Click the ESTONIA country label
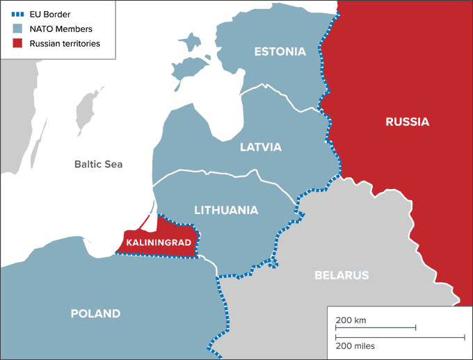pyautogui.click(x=280, y=51)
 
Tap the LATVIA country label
pyautogui.click(x=260, y=147)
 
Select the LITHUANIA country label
pyautogui.click(x=226, y=209)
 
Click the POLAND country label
pyautogui.click(x=95, y=313)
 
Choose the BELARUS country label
pyautogui.click(x=341, y=275)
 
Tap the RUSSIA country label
pyautogui.click(x=407, y=122)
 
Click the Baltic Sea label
pyautogui.click(x=98, y=165)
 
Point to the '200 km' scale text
pyautogui.click(x=351, y=320)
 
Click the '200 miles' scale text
pyautogui.click(x=355, y=345)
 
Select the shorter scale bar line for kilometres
pyautogui.click(x=376, y=327)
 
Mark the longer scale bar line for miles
pyautogui.click(x=399, y=338)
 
